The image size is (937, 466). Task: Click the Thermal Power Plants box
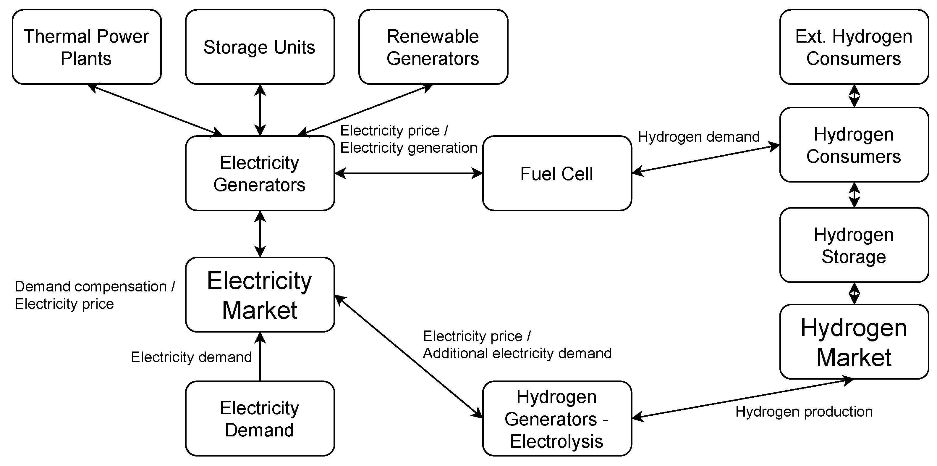87,47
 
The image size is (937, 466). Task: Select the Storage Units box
260,47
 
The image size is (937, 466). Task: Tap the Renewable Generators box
433,47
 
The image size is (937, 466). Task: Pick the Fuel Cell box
557,173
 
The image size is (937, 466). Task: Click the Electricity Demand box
260,418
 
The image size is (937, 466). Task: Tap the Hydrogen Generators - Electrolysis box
557,418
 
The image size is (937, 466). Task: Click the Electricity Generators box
260,173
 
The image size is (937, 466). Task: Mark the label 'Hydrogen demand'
699,137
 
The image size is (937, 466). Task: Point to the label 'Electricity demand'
191,357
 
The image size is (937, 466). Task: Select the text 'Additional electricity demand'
517,354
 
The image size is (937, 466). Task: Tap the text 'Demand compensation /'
95,286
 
